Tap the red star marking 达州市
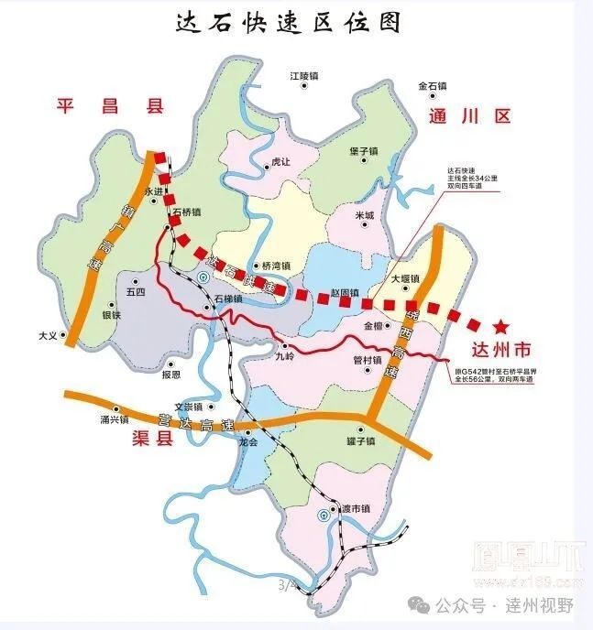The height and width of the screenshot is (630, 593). coord(501,326)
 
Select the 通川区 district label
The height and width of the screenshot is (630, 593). coord(468,116)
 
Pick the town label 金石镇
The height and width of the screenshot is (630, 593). coord(432,86)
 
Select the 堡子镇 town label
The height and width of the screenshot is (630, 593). coord(364,151)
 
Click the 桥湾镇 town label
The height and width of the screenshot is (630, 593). coord(275,266)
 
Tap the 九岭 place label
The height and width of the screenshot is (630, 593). coord(285,359)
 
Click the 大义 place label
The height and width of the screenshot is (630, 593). coord(48,336)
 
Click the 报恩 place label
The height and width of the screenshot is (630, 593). coord(171,375)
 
